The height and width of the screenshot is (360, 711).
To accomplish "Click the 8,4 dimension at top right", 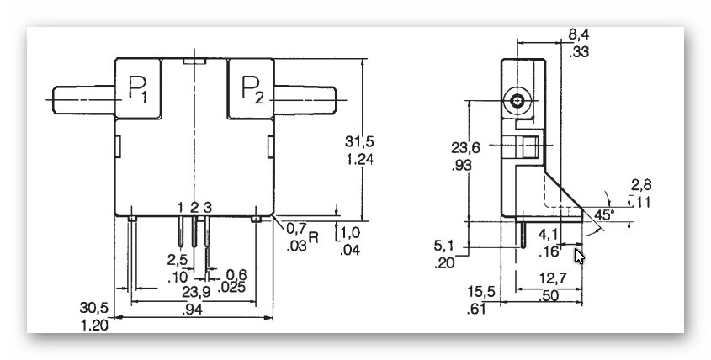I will click(x=578, y=35).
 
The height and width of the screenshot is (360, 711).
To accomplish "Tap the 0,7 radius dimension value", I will click(x=295, y=229).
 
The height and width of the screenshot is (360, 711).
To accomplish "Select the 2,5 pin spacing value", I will click(x=177, y=259).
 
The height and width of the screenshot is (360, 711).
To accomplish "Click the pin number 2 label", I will click(x=194, y=208).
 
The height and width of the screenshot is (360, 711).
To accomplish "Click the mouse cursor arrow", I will click(x=580, y=254).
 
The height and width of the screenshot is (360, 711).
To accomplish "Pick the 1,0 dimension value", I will click(x=350, y=231).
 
